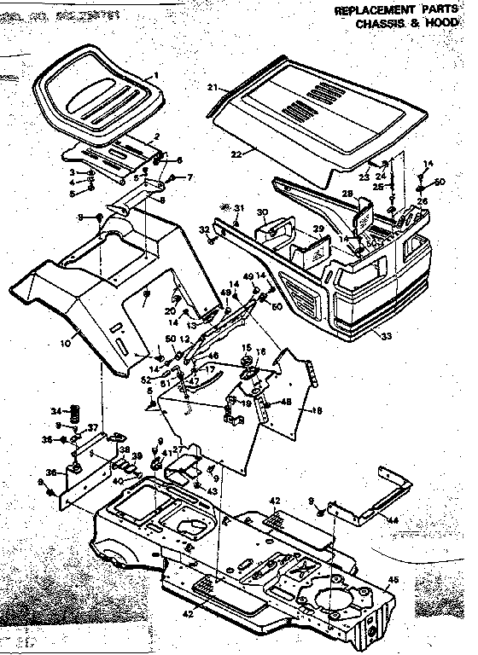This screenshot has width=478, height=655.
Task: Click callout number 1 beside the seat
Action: click(157, 76)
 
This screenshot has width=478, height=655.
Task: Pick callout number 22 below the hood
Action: click(236, 154)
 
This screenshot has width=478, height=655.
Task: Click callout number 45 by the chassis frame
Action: click(393, 580)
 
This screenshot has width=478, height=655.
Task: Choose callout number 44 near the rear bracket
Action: click(392, 519)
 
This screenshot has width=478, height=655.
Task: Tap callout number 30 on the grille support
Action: click(263, 212)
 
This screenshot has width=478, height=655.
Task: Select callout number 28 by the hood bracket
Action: click(347, 194)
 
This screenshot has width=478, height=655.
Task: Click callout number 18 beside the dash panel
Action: click(318, 409)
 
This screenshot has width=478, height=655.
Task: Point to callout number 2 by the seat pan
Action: click(156, 137)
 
